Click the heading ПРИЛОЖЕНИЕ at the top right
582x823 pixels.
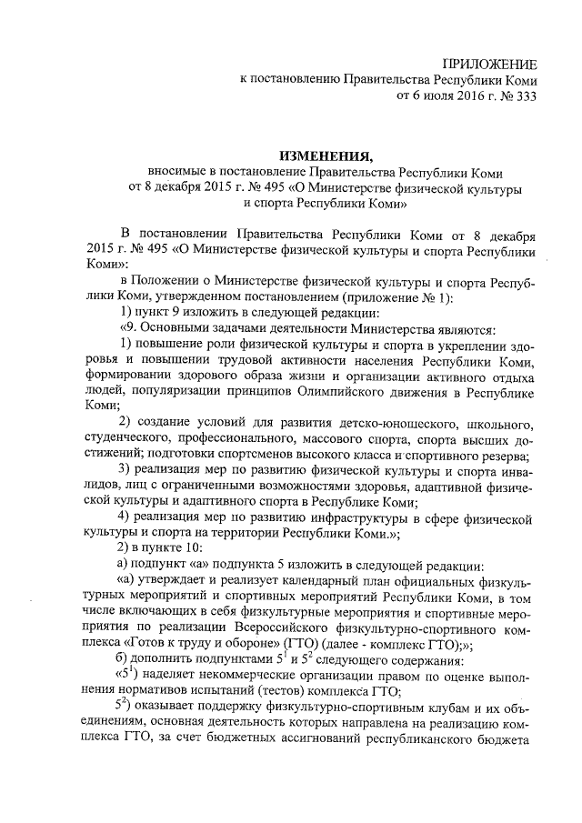[x=488, y=63]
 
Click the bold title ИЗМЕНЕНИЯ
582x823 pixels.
[x=326, y=156]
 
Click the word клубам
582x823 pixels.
[x=421, y=710]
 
